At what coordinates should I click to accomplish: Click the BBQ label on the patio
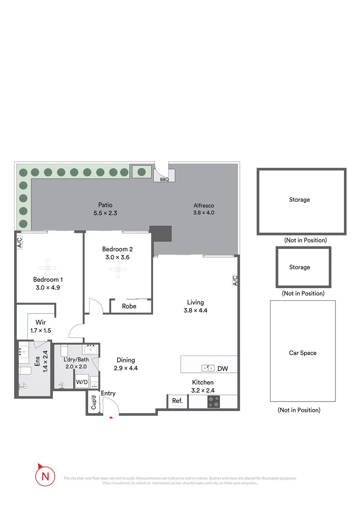tap(164, 180)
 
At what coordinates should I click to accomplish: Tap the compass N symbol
tap(45, 476)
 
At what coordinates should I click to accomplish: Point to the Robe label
tap(129, 306)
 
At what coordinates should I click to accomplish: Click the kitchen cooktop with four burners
tap(214, 402)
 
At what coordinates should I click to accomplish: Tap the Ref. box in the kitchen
tap(178, 401)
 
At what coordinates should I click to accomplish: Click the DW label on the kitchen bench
tap(223, 369)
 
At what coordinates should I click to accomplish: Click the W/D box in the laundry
tap(81, 382)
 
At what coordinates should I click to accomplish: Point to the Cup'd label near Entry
tap(93, 403)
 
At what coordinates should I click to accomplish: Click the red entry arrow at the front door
tap(111, 417)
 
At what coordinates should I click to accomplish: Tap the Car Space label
tap(303, 353)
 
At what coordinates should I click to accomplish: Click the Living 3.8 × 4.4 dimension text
tap(196, 311)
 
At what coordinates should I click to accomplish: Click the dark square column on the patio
tap(161, 233)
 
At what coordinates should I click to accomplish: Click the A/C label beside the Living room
tap(235, 281)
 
